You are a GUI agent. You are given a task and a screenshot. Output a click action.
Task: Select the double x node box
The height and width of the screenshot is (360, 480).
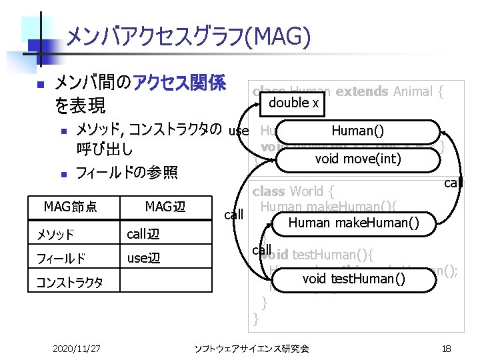293,103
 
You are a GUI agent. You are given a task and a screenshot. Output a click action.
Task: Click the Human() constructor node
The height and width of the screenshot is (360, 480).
357,131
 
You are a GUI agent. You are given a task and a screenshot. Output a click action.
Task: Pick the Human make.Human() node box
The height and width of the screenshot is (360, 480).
354,223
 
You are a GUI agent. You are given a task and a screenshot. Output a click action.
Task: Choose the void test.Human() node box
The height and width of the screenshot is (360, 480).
353,279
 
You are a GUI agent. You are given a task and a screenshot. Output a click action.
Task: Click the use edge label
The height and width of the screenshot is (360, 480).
238,131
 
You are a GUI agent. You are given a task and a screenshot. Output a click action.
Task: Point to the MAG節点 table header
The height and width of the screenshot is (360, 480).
71,207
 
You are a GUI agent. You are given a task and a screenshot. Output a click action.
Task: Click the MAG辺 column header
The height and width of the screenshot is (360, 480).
165,207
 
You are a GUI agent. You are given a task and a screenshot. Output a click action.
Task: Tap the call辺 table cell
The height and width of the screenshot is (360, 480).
143,234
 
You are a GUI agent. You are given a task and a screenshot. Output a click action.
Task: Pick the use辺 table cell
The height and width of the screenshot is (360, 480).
143,258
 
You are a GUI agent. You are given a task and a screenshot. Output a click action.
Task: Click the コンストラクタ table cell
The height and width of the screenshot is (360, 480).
70,282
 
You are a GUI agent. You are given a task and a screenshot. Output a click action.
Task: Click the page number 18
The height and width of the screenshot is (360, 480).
447,348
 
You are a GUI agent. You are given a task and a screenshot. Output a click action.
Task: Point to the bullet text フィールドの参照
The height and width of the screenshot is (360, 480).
127,173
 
